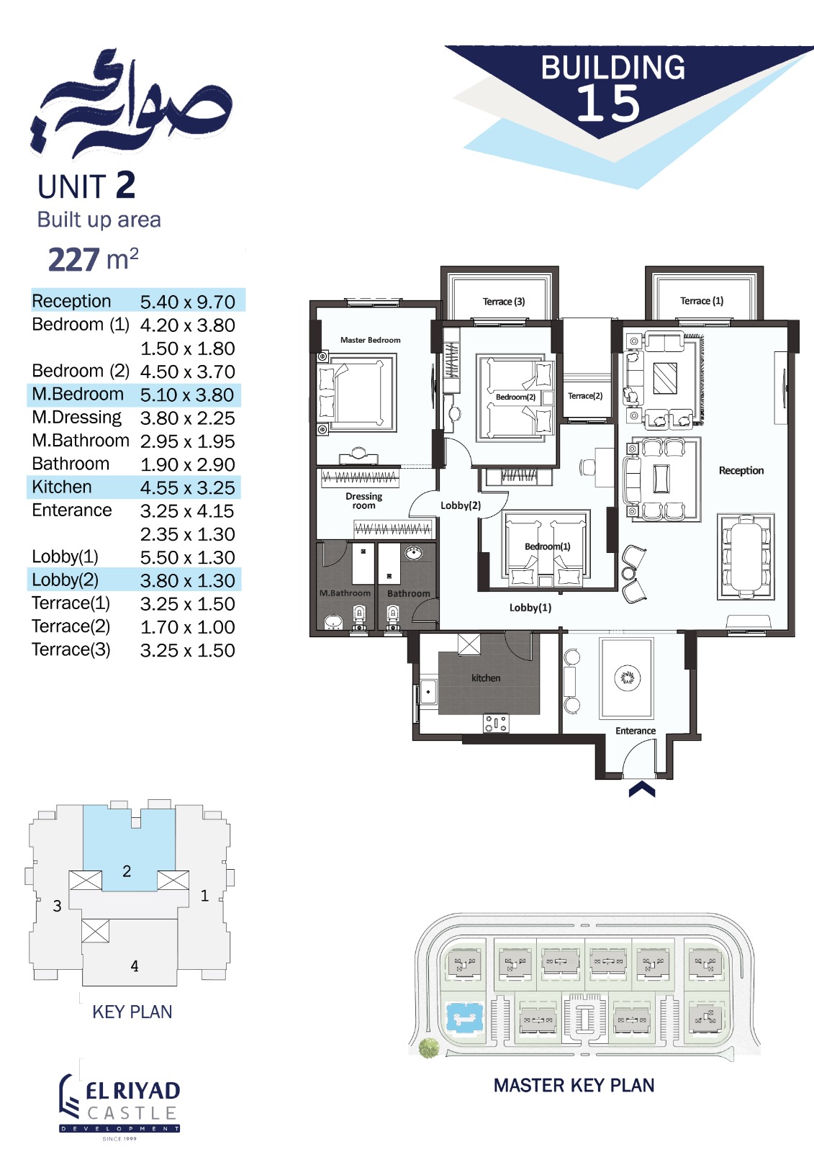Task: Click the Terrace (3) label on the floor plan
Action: [x=503, y=302]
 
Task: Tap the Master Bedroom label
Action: [x=370, y=340]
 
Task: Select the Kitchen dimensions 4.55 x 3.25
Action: [x=188, y=487]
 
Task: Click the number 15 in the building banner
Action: [x=608, y=104]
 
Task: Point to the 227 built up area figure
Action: [x=73, y=259]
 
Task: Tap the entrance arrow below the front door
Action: [x=642, y=789]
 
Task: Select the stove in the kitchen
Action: [x=496, y=723]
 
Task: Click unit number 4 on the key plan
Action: [x=134, y=966]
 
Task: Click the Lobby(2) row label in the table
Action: [x=65, y=580]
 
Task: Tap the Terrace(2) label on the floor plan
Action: [x=585, y=395]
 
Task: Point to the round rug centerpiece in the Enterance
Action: [x=628, y=677]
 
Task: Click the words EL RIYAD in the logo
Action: [x=132, y=1092]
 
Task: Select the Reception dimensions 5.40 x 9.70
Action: [x=188, y=302]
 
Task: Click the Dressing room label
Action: [x=363, y=501]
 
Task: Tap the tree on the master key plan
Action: [x=429, y=1048]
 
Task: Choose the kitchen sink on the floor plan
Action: [x=428, y=692]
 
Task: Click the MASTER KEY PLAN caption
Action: [x=574, y=1085]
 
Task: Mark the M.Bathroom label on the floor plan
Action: [x=345, y=593]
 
